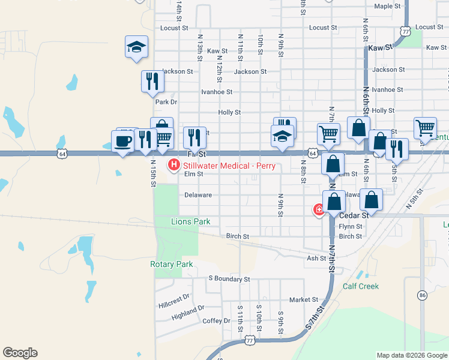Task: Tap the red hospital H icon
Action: [174, 163]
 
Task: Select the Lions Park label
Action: [191, 221]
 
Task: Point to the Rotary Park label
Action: [171, 264]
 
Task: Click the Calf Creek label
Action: [361, 286]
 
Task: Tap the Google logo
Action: [20, 353]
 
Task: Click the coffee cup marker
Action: [123, 142]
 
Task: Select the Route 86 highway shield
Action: [423, 295]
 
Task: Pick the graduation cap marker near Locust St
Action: [136, 47]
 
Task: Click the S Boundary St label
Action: [229, 279]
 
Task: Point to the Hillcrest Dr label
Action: [173, 297]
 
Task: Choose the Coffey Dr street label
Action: [212, 320]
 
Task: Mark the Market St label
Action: [303, 299]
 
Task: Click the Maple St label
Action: [387, 6]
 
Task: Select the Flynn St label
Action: [351, 227]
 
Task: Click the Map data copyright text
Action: [412, 355]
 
